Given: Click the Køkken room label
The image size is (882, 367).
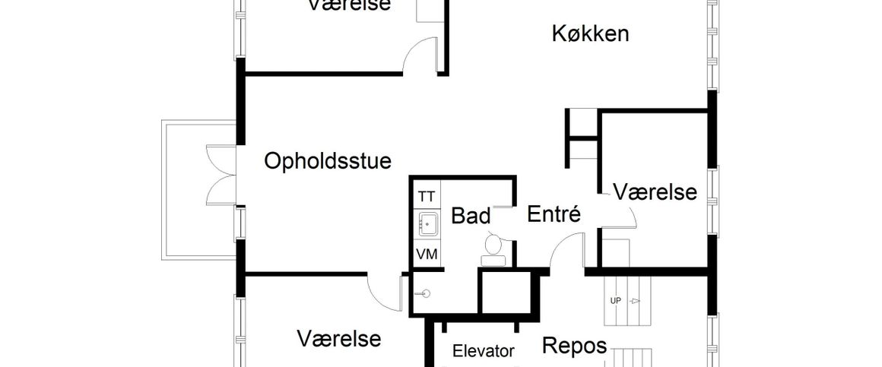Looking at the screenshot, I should point(589,34).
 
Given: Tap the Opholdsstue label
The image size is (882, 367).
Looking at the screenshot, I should point(328,161).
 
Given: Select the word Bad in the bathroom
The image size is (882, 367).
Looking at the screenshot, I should point(471,215).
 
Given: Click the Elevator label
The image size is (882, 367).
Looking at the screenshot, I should point(484,351).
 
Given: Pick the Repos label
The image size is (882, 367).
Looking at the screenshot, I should point(574,346).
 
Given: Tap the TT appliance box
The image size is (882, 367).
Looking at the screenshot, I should point(427,197).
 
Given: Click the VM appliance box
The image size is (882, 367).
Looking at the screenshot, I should point(427,255).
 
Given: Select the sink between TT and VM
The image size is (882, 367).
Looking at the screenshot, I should point(427,224).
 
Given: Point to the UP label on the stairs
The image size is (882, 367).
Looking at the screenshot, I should point(615,301).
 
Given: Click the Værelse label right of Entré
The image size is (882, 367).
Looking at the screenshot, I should point(655,192).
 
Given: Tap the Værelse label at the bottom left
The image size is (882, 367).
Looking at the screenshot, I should point(339,338).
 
